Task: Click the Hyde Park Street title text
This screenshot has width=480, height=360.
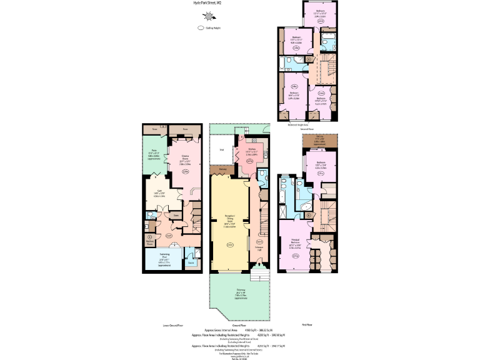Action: [207, 3]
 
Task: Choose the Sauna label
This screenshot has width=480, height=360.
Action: [191, 263]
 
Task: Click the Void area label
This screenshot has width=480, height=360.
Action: [221, 150]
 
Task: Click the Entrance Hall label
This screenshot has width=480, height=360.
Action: [259, 248]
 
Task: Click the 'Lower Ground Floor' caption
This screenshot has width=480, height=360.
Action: [172, 326]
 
